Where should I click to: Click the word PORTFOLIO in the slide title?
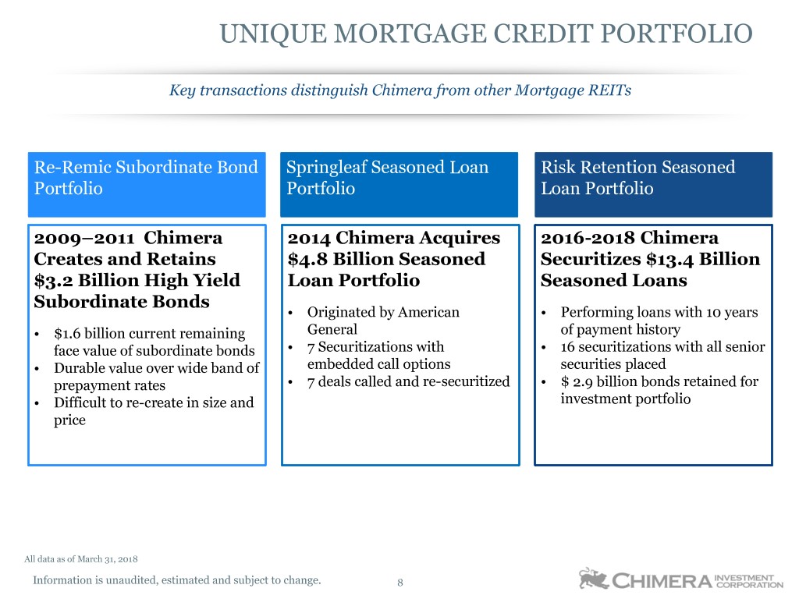coord(676,34)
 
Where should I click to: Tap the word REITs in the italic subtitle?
coord(609,90)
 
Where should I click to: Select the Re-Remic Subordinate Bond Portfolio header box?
coord(147,184)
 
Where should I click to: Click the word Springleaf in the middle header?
coord(326,168)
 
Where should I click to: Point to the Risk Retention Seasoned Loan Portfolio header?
coord(653,184)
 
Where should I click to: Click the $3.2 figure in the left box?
coord(53,281)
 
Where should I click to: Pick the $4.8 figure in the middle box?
coord(307,260)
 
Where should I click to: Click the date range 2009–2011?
coord(84,239)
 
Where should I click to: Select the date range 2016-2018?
coord(588,239)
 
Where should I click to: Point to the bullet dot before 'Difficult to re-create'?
coord(37,404)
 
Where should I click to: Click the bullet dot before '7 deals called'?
coord(290,382)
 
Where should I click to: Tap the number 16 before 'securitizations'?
coord(568,347)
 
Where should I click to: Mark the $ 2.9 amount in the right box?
coord(577,382)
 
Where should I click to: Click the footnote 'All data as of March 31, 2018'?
coord(81,558)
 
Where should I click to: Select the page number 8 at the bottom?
coord(400,582)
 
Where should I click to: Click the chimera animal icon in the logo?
coord(593,579)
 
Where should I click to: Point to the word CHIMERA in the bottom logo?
coord(662,581)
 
